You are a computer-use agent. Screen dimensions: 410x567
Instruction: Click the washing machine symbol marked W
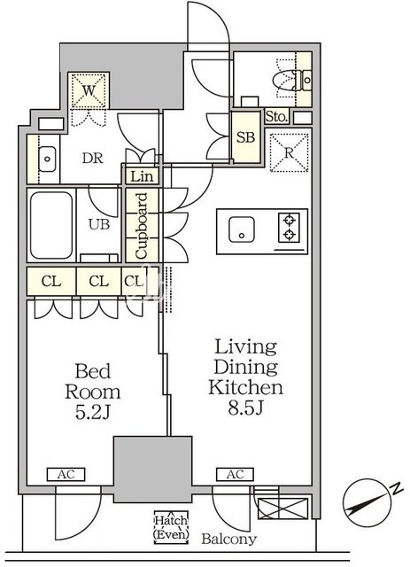pyautogui.click(x=89, y=90)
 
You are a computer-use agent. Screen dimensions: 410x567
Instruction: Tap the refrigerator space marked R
pyautogui.click(x=289, y=152)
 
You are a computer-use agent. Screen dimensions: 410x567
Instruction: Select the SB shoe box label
pyautogui.click(x=246, y=137)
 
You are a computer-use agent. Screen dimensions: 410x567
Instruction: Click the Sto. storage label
pyautogui.click(x=276, y=117)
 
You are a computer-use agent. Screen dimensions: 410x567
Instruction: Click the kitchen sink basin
pyautogui.click(x=242, y=229)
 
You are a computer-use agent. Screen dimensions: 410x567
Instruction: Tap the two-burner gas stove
pyautogui.click(x=289, y=228)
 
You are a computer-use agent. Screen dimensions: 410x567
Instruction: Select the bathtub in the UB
pyautogui.click(x=51, y=225)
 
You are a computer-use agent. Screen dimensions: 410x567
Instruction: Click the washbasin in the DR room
pyautogui.click(x=47, y=159)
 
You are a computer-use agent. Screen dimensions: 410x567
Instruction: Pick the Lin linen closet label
pyautogui.click(x=142, y=177)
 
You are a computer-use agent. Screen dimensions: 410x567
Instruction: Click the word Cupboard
pyautogui.click(x=142, y=226)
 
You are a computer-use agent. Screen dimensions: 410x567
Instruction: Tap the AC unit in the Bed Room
pyautogui.click(x=66, y=475)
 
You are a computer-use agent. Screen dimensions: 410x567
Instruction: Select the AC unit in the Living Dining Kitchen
pyautogui.click(x=235, y=475)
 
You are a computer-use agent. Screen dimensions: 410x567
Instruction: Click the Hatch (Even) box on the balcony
pyautogui.click(x=171, y=527)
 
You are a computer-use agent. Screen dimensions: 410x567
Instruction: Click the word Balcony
pyautogui.click(x=228, y=540)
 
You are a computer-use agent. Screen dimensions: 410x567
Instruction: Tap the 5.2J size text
pyautogui.click(x=92, y=412)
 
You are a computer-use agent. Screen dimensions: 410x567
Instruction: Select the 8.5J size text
pyautogui.click(x=245, y=408)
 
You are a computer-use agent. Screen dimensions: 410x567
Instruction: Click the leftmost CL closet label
pyautogui.click(x=51, y=282)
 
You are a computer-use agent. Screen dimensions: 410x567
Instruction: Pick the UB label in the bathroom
pyautogui.click(x=99, y=224)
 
